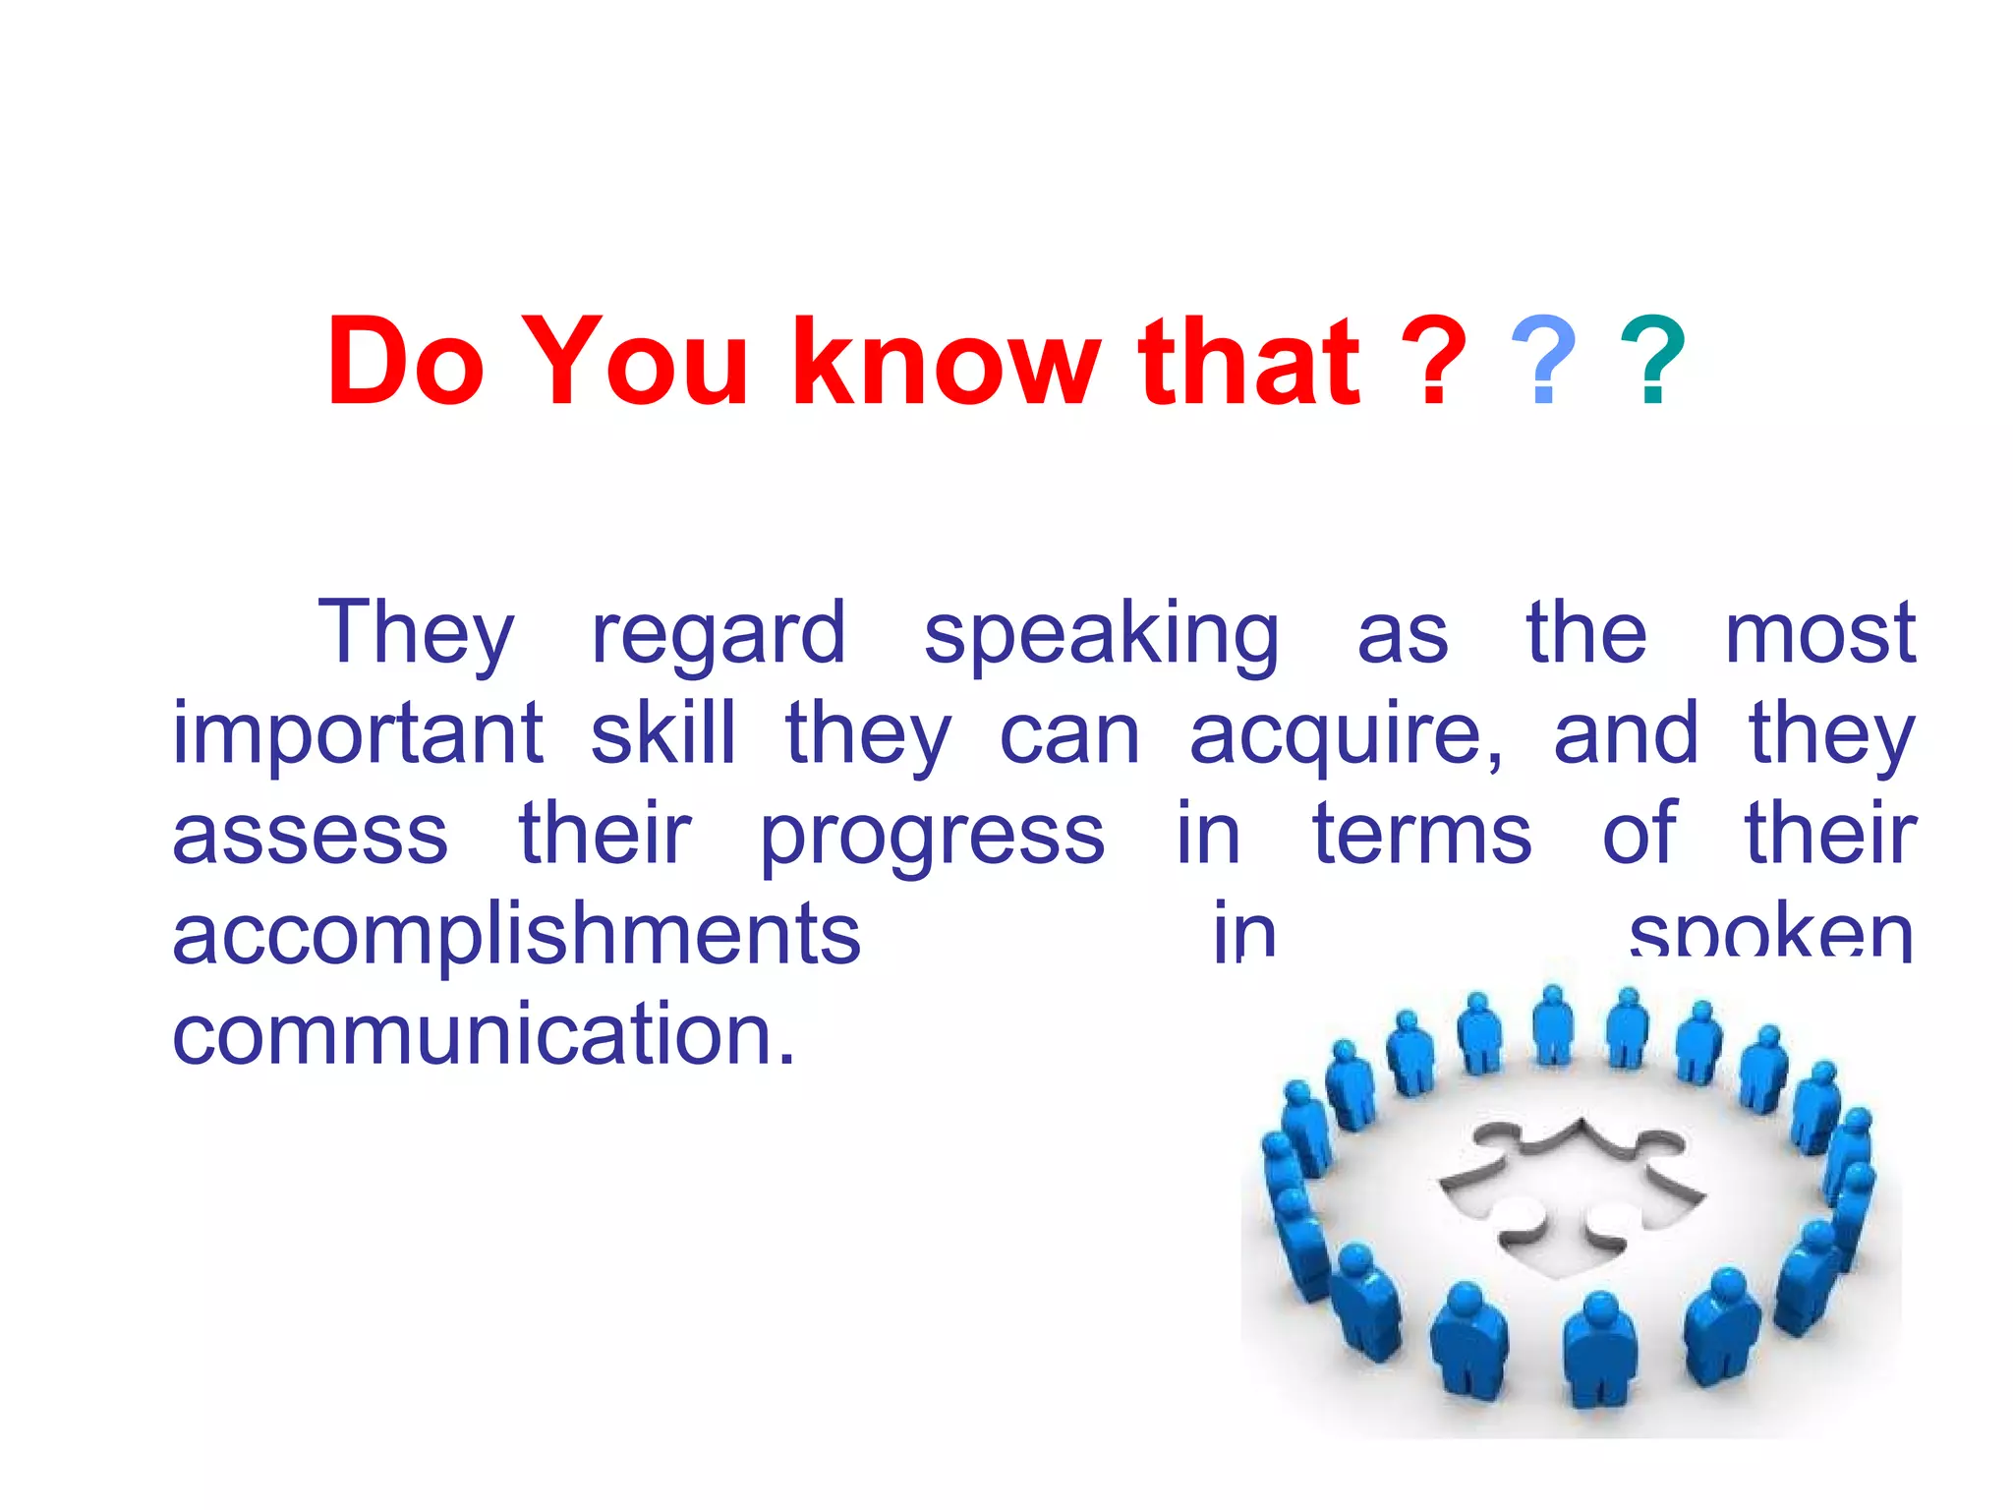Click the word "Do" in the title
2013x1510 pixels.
click(406, 361)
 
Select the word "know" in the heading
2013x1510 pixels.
click(946, 361)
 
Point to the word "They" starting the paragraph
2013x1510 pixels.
click(416, 634)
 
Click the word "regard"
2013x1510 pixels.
click(719, 634)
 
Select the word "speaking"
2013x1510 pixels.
click(1101, 634)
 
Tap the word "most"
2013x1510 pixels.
click(1819, 634)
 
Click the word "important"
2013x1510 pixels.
click(358, 735)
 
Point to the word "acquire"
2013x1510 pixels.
click(1345, 735)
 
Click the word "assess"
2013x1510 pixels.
click(311, 836)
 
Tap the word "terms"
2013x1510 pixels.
click(1421, 836)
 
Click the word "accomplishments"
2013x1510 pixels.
click(517, 935)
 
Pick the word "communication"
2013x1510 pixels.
click(484, 1034)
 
